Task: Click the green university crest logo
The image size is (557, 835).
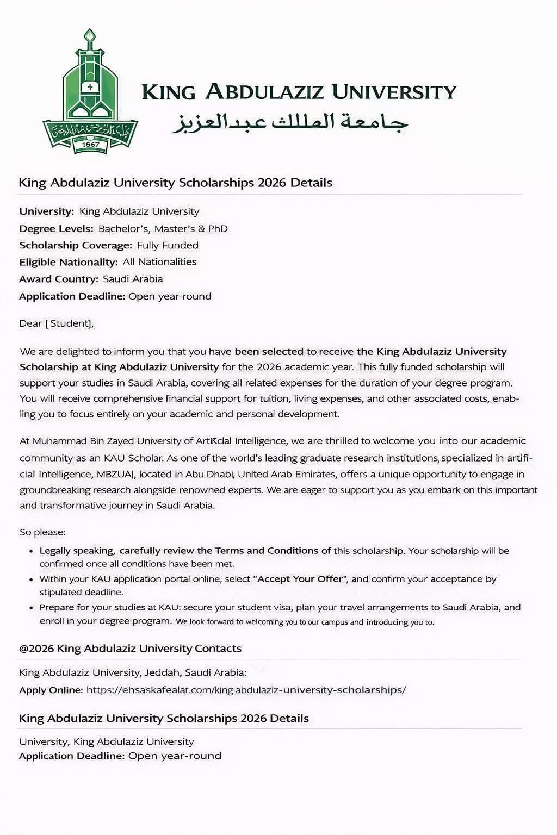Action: [90, 92]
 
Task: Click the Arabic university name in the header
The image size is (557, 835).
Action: [289, 123]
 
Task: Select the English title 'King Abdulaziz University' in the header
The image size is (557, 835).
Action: [299, 92]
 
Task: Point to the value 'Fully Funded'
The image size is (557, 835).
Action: [168, 245]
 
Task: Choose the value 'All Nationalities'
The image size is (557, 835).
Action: [159, 262]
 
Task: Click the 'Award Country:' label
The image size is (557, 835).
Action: [59, 279]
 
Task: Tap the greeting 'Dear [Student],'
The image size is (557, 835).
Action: [57, 323]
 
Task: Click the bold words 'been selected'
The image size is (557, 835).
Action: [269, 351]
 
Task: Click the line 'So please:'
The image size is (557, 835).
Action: [42, 532]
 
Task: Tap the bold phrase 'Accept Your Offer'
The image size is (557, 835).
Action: [301, 579]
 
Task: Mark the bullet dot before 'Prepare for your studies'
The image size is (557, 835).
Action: [33, 607]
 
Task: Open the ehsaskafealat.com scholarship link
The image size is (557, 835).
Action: [246, 690]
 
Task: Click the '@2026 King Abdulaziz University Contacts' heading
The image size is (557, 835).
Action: [130, 649]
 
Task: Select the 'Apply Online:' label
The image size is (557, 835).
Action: [51, 690]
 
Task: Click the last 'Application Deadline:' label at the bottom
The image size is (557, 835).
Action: [72, 756]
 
